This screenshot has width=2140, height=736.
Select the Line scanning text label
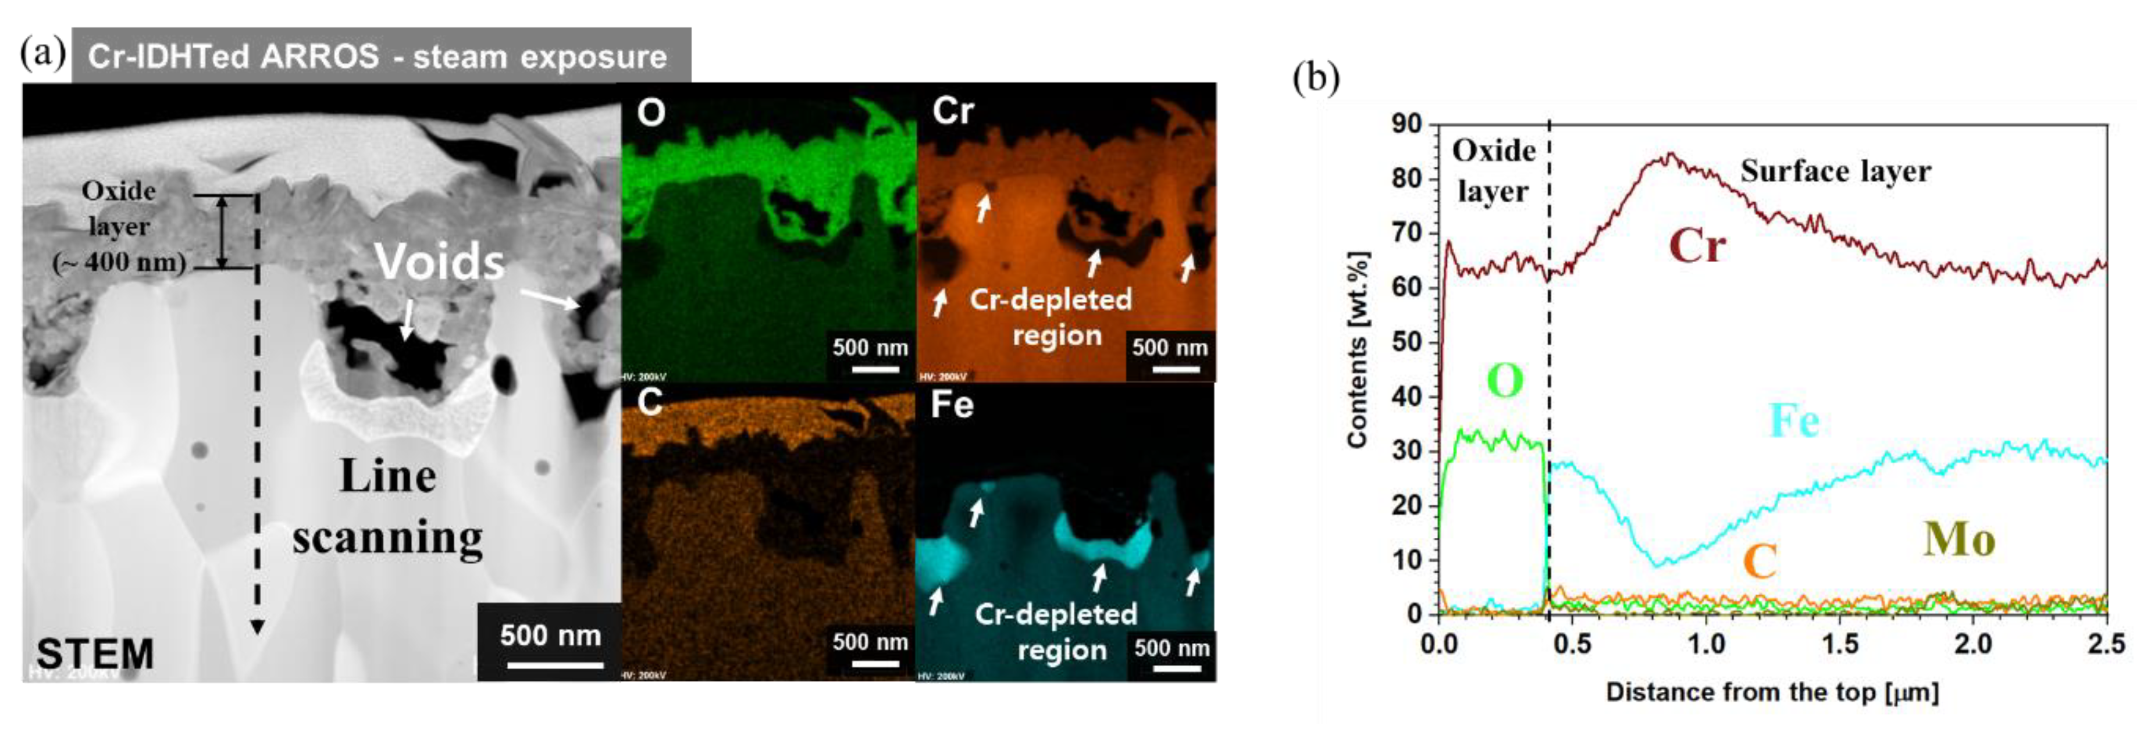click(388, 507)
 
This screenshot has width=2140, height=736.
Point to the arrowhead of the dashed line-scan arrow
click(258, 627)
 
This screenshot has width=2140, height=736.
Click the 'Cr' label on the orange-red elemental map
click(952, 111)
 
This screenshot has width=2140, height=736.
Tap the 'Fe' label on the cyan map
click(951, 405)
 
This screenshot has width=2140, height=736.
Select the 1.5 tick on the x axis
click(1839, 644)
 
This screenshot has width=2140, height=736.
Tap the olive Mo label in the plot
click(1959, 540)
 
